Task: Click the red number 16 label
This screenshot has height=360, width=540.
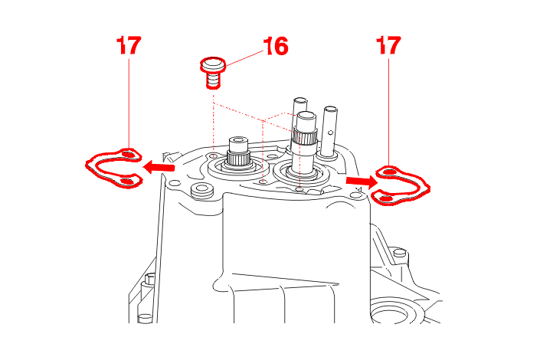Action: [x=276, y=46]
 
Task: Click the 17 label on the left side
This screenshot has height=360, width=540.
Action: [x=129, y=45]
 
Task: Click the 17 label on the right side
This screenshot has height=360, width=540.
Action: [x=388, y=45]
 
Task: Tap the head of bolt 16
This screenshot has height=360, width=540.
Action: [x=213, y=65]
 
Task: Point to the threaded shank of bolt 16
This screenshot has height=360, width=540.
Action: [x=214, y=80]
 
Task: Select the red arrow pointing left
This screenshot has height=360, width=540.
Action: [x=159, y=168]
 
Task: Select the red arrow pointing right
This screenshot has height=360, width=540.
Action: [x=362, y=182]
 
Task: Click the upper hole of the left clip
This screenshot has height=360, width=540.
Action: [x=127, y=155]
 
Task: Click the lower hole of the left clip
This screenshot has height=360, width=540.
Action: [x=126, y=182]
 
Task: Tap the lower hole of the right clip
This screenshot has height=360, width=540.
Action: [x=386, y=198]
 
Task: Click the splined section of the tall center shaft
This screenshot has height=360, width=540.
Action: [x=304, y=137]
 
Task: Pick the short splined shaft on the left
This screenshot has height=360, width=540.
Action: [x=237, y=152]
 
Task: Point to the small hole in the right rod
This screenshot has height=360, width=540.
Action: [x=331, y=132]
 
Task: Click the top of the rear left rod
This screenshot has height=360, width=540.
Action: [x=300, y=101]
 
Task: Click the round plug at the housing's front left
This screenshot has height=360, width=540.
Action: [x=201, y=191]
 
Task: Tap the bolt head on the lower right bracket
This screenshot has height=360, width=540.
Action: [x=399, y=253]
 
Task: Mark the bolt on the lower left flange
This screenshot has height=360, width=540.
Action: [x=150, y=278]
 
